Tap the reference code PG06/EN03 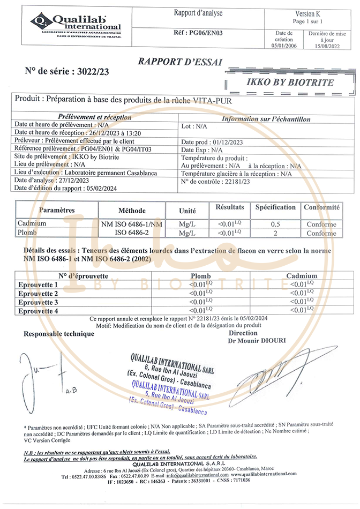pos(198,33)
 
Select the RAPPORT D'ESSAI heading pos(179,62)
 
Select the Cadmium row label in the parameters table pos(32,223)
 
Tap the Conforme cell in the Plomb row pos(321,233)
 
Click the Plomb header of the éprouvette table pos(201,276)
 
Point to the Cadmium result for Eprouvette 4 pos(301,310)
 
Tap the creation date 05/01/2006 pos(283,47)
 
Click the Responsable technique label pos(59,334)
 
